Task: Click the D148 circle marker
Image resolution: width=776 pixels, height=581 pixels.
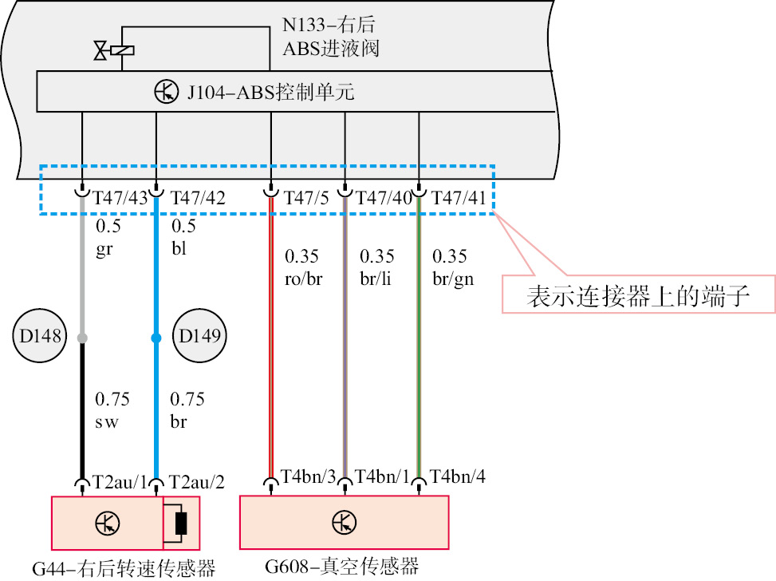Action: (x=40, y=336)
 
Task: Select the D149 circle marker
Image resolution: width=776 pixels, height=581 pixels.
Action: (x=199, y=336)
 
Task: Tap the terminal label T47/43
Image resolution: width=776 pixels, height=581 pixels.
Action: (x=120, y=198)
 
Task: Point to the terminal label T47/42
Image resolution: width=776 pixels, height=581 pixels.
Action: (x=198, y=198)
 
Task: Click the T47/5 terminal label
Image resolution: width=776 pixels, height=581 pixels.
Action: (x=306, y=198)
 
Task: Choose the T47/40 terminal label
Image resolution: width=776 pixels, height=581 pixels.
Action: (x=384, y=198)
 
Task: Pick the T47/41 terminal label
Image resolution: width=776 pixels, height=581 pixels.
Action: (x=459, y=198)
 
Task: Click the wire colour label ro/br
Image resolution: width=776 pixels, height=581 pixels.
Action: (x=303, y=279)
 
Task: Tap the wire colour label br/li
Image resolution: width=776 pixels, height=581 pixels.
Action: (x=376, y=279)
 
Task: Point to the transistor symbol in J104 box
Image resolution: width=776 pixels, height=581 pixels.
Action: (x=166, y=92)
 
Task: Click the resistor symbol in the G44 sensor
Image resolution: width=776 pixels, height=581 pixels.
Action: (x=181, y=524)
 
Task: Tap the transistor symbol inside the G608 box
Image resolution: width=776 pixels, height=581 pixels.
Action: (x=344, y=523)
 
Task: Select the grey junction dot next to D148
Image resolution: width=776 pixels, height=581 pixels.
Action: (x=83, y=338)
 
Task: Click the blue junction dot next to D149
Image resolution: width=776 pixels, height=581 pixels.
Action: (x=156, y=338)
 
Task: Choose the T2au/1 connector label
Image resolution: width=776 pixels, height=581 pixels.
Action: (x=120, y=482)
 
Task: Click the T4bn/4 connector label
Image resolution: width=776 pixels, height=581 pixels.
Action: (x=457, y=476)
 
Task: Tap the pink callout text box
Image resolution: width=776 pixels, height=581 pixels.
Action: (x=638, y=294)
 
